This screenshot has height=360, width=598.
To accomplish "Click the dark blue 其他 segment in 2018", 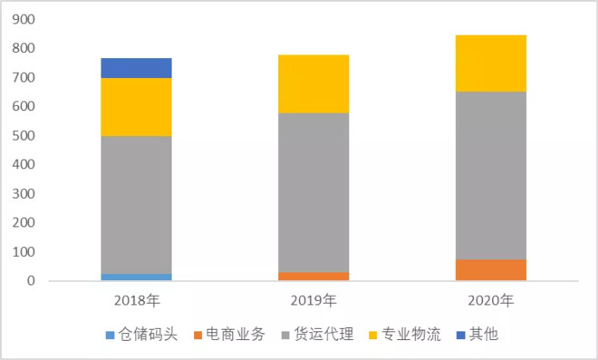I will [136, 68].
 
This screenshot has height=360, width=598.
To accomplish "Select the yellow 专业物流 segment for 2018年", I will [136, 107].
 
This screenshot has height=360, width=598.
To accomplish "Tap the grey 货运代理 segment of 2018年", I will [136, 205].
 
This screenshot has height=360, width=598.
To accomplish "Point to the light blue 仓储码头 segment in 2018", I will [136, 277].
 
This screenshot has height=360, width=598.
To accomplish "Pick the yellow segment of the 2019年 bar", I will [313, 83].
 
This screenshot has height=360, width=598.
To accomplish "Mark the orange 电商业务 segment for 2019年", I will [313, 276].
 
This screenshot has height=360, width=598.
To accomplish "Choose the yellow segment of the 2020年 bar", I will [490, 63].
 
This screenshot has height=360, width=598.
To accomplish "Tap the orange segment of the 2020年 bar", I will [490, 270].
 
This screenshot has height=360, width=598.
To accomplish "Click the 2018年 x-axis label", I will [137, 299].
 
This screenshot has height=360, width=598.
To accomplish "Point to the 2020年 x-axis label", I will [490, 299].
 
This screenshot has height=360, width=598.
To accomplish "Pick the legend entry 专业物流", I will [410, 335].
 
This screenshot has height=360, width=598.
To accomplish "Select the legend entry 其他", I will [483, 335].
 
